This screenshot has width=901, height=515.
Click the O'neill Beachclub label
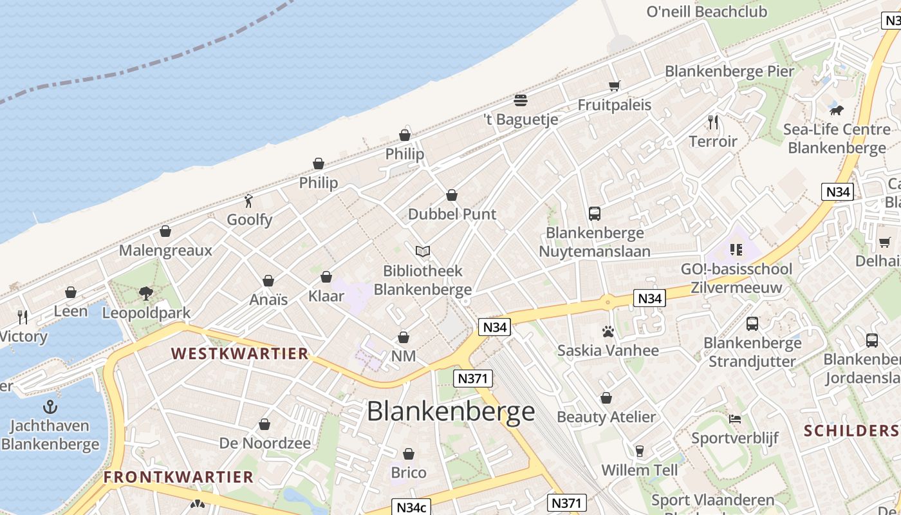tap(707, 12)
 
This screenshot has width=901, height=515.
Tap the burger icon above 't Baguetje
tap(521, 100)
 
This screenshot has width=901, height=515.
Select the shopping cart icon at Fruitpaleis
tap(614, 86)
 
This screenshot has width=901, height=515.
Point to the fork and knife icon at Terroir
tap(713, 122)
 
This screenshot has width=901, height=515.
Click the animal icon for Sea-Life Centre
tap(836, 110)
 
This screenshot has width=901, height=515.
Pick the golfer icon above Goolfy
tap(249, 201)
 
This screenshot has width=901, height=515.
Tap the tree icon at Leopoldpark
tap(146, 294)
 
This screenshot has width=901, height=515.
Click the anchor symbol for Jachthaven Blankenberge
tap(50, 407)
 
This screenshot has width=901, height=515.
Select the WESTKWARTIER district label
tap(240, 353)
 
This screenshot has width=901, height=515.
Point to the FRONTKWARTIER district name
tap(179, 477)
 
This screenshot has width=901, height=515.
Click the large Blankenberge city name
tap(450, 411)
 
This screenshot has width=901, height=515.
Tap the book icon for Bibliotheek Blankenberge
tap(422, 252)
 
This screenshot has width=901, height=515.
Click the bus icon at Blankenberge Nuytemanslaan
tap(595, 214)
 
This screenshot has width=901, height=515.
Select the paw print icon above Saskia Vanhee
tap(608, 332)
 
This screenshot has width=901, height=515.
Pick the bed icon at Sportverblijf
tap(735, 419)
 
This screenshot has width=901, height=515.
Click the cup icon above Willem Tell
tap(640, 451)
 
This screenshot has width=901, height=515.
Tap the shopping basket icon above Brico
tap(409, 454)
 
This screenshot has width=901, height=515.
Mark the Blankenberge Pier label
tap(730, 71)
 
